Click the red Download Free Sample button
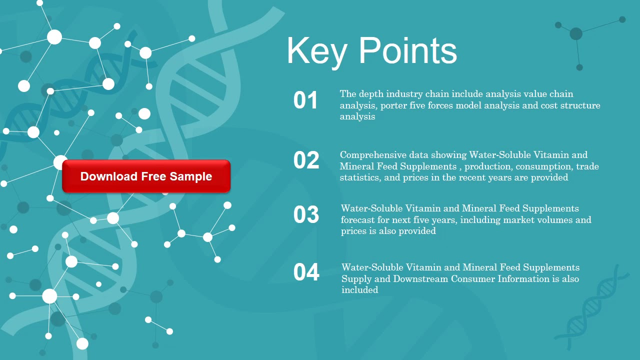pos(146,176)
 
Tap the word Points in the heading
pos(407,51)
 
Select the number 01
pos(305,100)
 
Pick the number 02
pos(306,160)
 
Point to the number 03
pos(306,214)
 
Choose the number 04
pos(306,272)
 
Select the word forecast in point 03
pos(357,219)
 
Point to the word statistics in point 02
pos(360,177)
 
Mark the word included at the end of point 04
pos(359,289)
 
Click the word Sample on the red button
pos(191,176)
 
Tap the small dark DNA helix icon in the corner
pos(592,307)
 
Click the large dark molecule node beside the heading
pos(576,33)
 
